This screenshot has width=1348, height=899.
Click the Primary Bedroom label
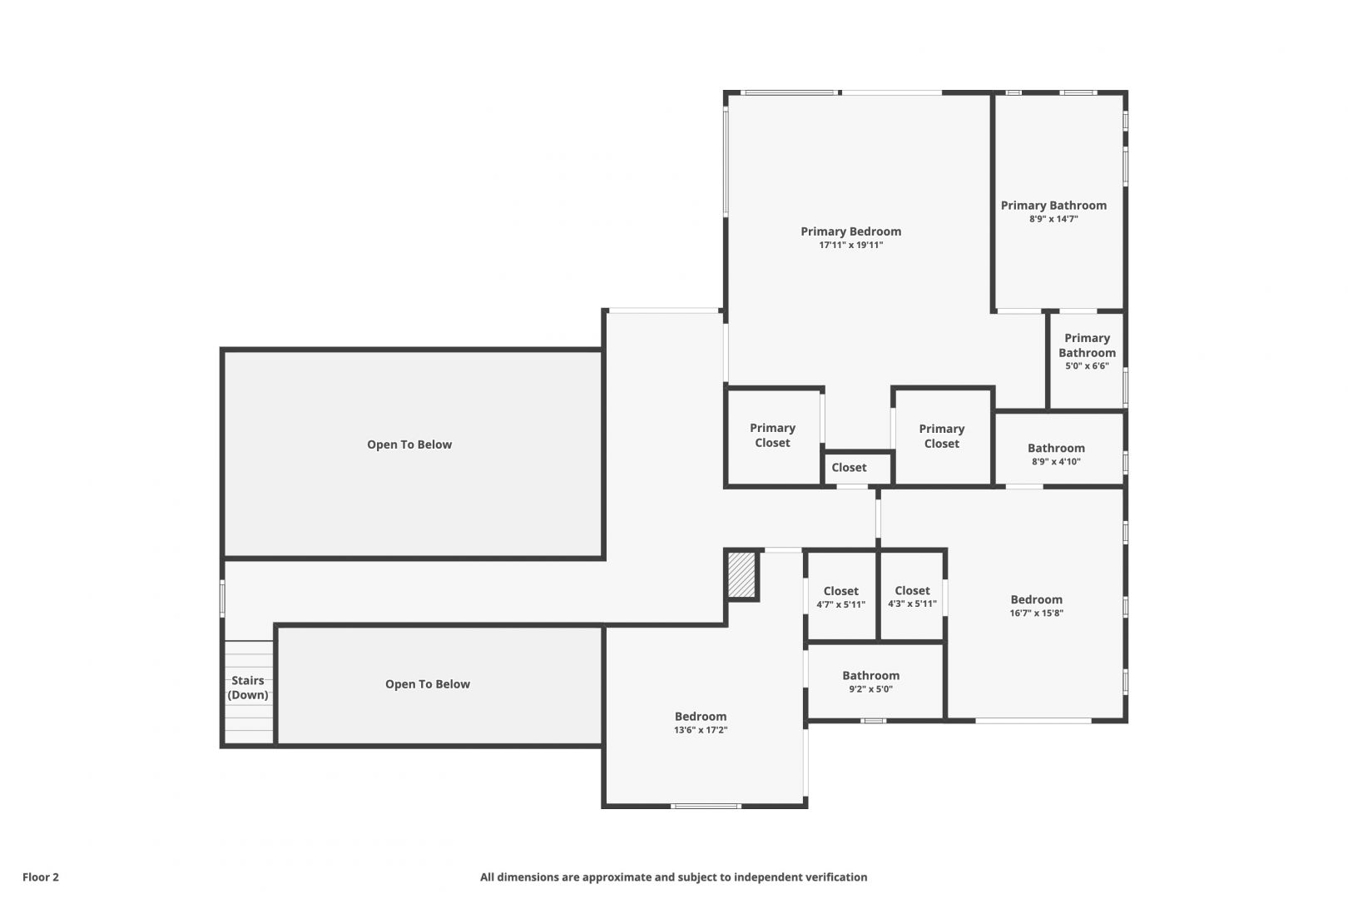(x=850, y=231)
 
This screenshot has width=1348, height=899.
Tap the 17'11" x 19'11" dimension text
(x=850, y=245)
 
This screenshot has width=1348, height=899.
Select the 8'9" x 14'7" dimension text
(x=1053, y=219)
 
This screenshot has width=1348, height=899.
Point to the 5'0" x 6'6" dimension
(x=1087, y=365)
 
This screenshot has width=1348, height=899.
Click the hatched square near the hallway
(x=741, y=575)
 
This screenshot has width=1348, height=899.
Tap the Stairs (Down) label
(x=247, y=688)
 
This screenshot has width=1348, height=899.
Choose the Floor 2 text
(x=41, y=877)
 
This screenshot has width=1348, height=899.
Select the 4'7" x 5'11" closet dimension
(x=840, y=604)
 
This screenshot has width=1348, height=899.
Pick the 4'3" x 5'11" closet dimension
(x=912, y=604)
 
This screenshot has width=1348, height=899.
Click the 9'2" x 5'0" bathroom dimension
(x=870, y=689)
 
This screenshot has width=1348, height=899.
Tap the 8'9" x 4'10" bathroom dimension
(x=1056, y=462)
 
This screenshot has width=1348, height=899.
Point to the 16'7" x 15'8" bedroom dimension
(x=1036, y=613)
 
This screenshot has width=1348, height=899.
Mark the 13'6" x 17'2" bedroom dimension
(x=701, y=730)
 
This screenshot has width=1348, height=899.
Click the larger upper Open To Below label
(x=409, y=445)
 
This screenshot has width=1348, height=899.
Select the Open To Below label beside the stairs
(x=427, y=684)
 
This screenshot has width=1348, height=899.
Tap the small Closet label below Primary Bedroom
(x=849, y=467)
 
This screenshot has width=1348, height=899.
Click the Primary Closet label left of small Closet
(x=772, y=435)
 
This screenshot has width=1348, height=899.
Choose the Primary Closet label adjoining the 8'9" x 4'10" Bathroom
(x=942, y=436)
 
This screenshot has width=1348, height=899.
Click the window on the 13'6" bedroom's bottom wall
(x=706, y=806)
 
